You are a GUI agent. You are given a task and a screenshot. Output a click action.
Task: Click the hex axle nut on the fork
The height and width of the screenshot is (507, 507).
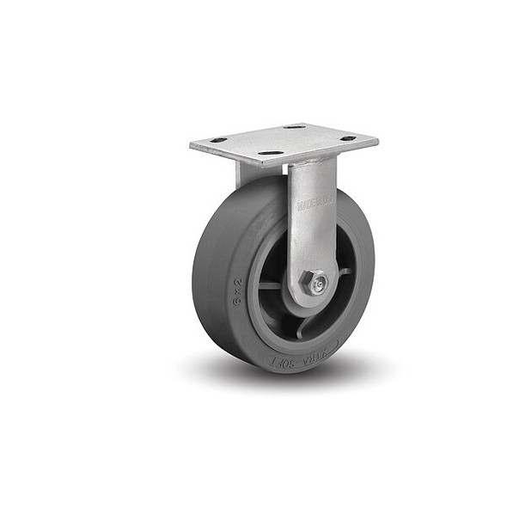click(316, 281)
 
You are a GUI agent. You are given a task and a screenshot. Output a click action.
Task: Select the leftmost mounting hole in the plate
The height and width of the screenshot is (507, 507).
click(218, 140)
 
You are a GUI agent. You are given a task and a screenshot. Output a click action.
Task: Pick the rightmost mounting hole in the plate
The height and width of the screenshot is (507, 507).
click(347, 138)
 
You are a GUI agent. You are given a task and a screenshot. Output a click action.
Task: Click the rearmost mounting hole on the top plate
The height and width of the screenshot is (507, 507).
click(294, 127)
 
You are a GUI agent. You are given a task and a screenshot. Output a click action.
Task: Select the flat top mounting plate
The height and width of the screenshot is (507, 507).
click(284, 141)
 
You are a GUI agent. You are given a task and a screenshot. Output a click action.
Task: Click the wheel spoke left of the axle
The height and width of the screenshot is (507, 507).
click(271, 284)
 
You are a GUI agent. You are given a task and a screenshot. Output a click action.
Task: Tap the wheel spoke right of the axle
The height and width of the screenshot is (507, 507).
click(344, 272)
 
